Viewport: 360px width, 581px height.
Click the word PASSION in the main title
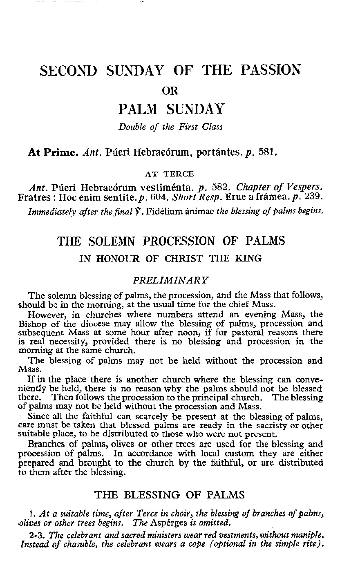click(x=271, y=70)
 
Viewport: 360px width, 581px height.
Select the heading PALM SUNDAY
click(x=171, y=109)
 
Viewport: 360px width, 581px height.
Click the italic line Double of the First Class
click(x=171, y=127)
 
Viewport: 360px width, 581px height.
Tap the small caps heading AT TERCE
click(x=170, y=174)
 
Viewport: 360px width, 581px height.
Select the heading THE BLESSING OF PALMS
click(x=170, y=495)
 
